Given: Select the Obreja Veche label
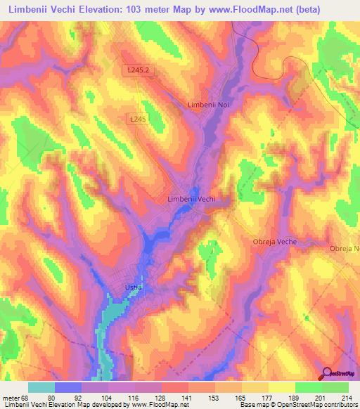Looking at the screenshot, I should tap(274, 242).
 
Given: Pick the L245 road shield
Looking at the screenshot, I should tap(138, 120).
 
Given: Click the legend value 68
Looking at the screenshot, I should tap(27, 396).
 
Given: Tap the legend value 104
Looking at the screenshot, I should tap(108, 396).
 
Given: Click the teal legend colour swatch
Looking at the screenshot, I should tap(41, 387).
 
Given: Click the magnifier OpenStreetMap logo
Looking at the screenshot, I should tap(326, 373).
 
